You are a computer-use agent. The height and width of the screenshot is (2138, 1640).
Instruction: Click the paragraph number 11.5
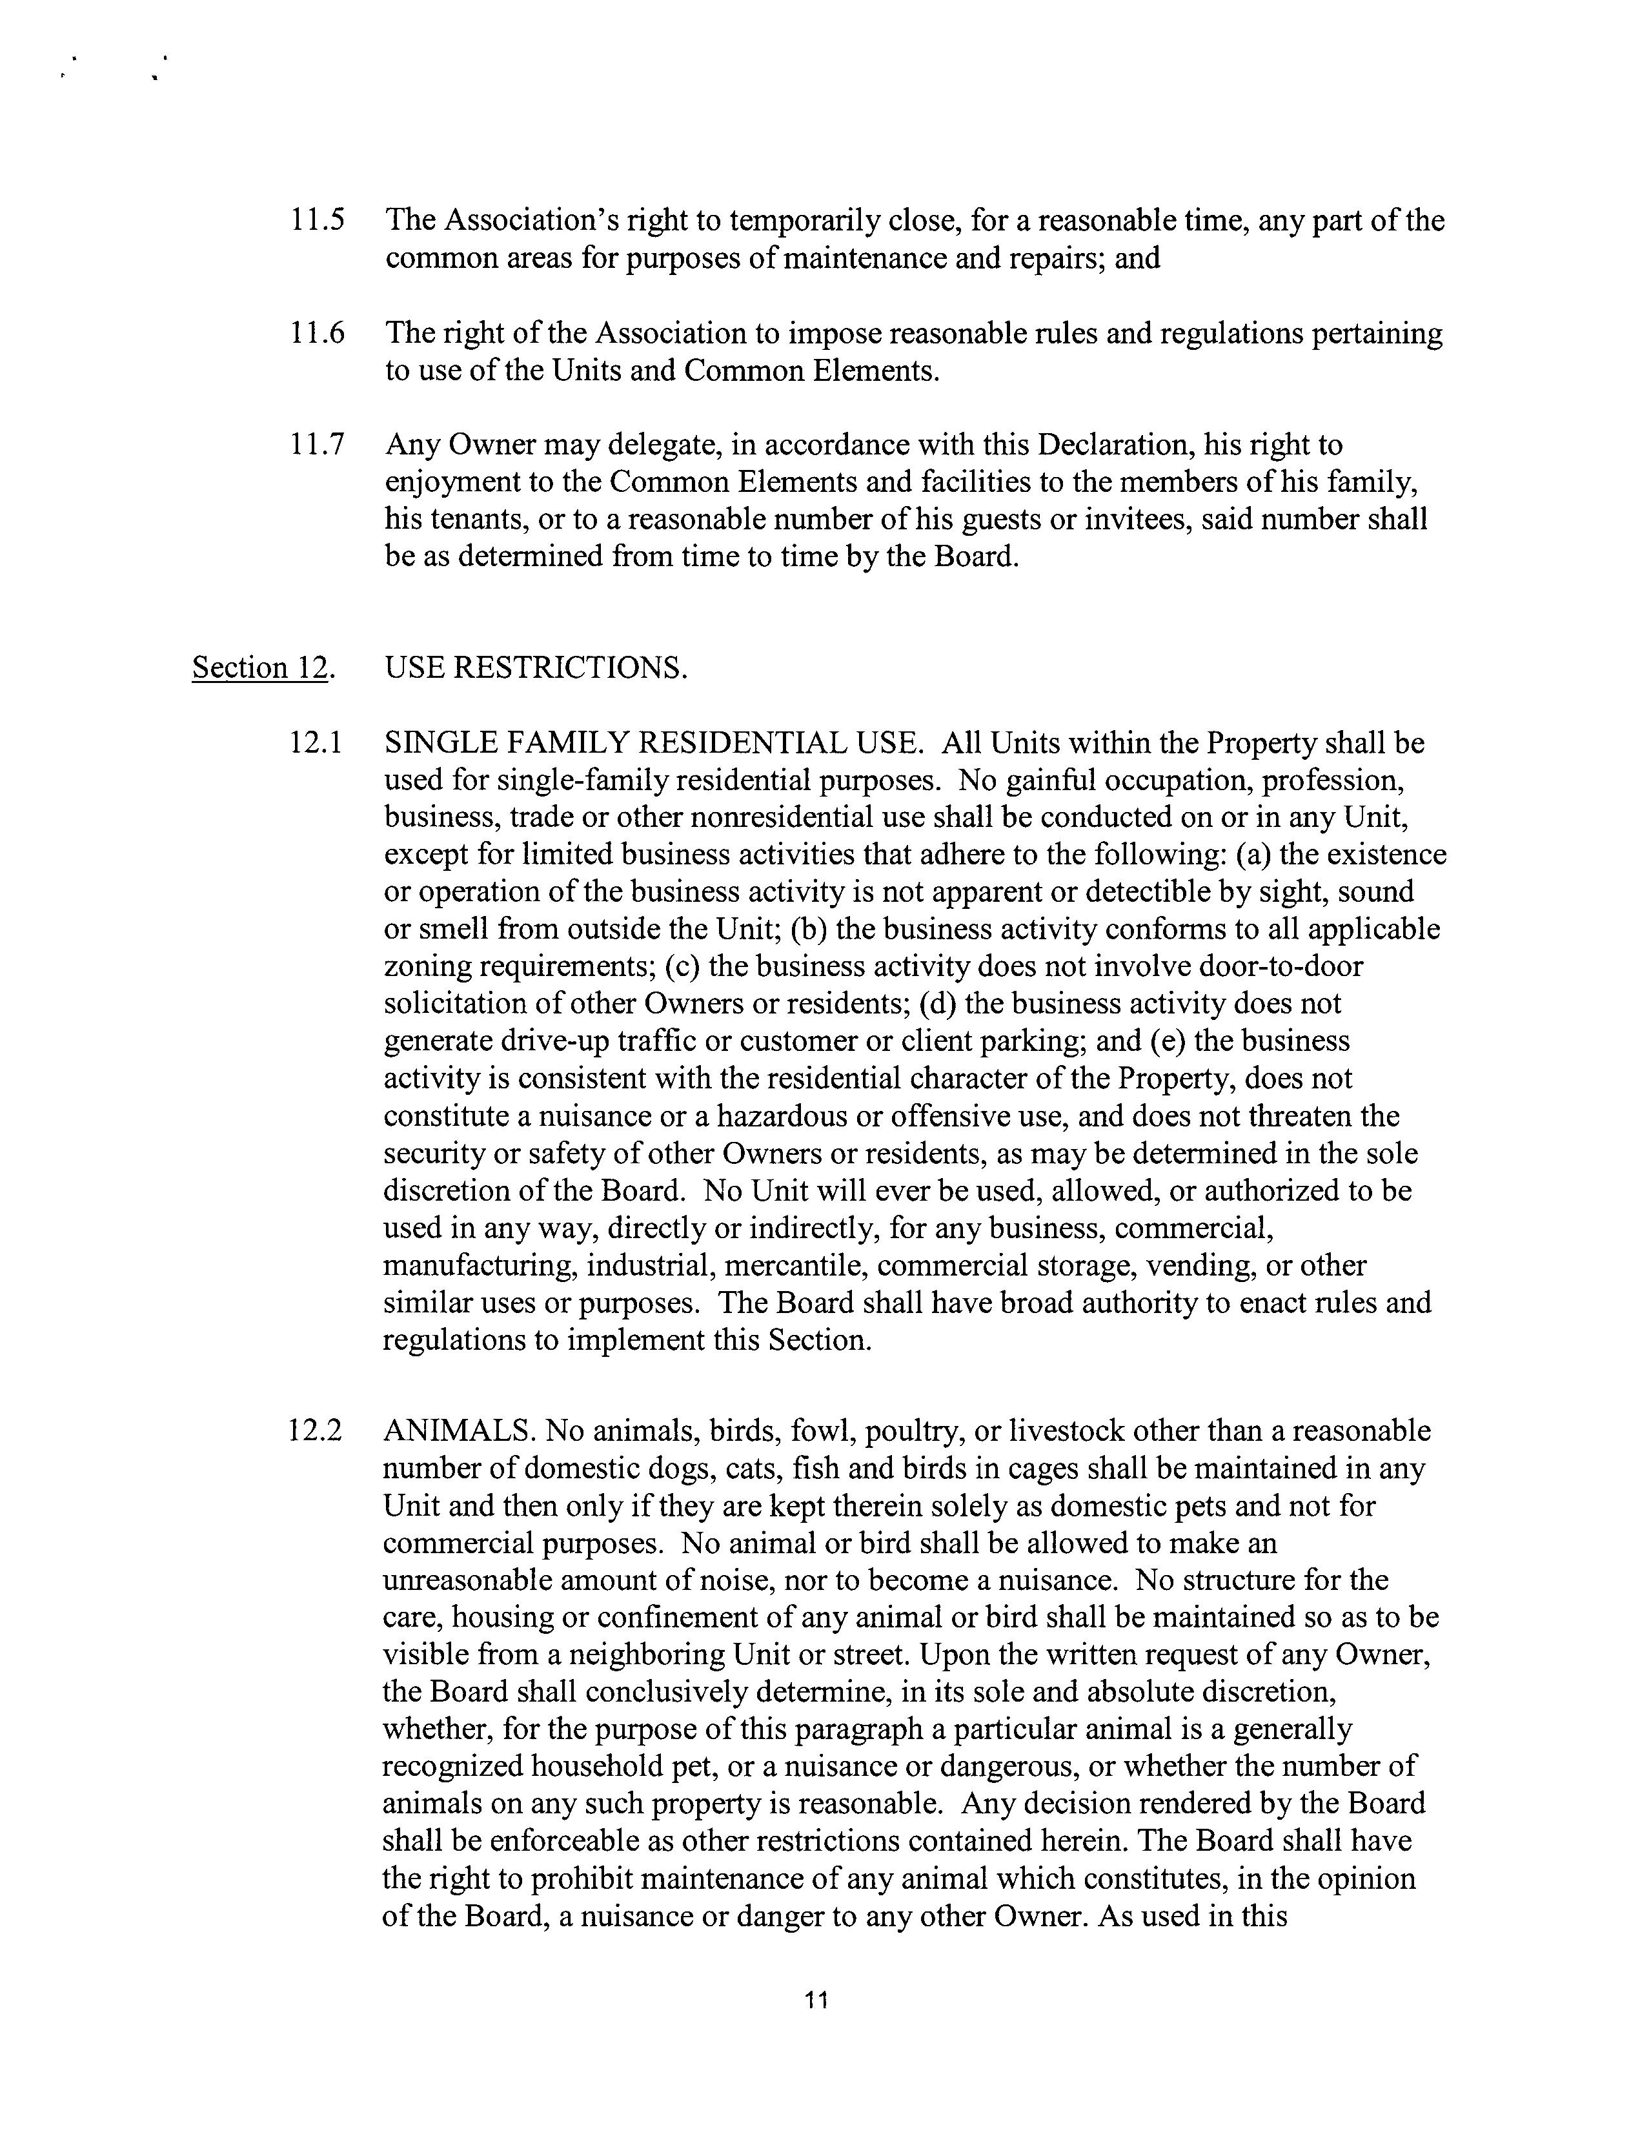point(318,221)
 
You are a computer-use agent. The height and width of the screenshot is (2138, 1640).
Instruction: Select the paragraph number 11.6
point(318,334)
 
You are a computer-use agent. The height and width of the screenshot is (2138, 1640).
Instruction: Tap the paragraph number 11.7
point(318,445)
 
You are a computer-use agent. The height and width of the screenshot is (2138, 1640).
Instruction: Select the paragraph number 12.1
point(316,744)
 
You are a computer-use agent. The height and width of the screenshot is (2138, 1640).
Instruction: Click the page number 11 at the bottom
point(817,2001)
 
